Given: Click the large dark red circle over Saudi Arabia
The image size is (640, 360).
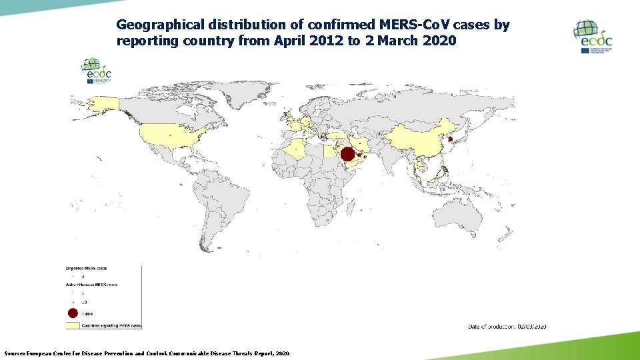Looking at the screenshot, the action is point(347,155).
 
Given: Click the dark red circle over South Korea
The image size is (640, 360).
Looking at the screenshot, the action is point(450,139).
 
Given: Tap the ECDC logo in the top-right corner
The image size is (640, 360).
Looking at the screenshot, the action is point(593,37).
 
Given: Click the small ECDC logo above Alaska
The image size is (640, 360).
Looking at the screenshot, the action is point(96,71).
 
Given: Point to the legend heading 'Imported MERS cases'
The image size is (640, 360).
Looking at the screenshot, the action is point(85,268).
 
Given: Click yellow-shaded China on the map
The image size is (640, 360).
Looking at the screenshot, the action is point(413,137).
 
